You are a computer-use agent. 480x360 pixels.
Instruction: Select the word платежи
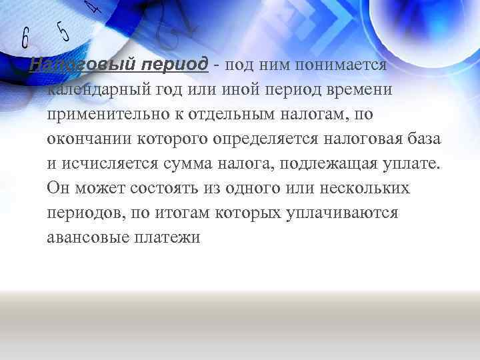[170, 237]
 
